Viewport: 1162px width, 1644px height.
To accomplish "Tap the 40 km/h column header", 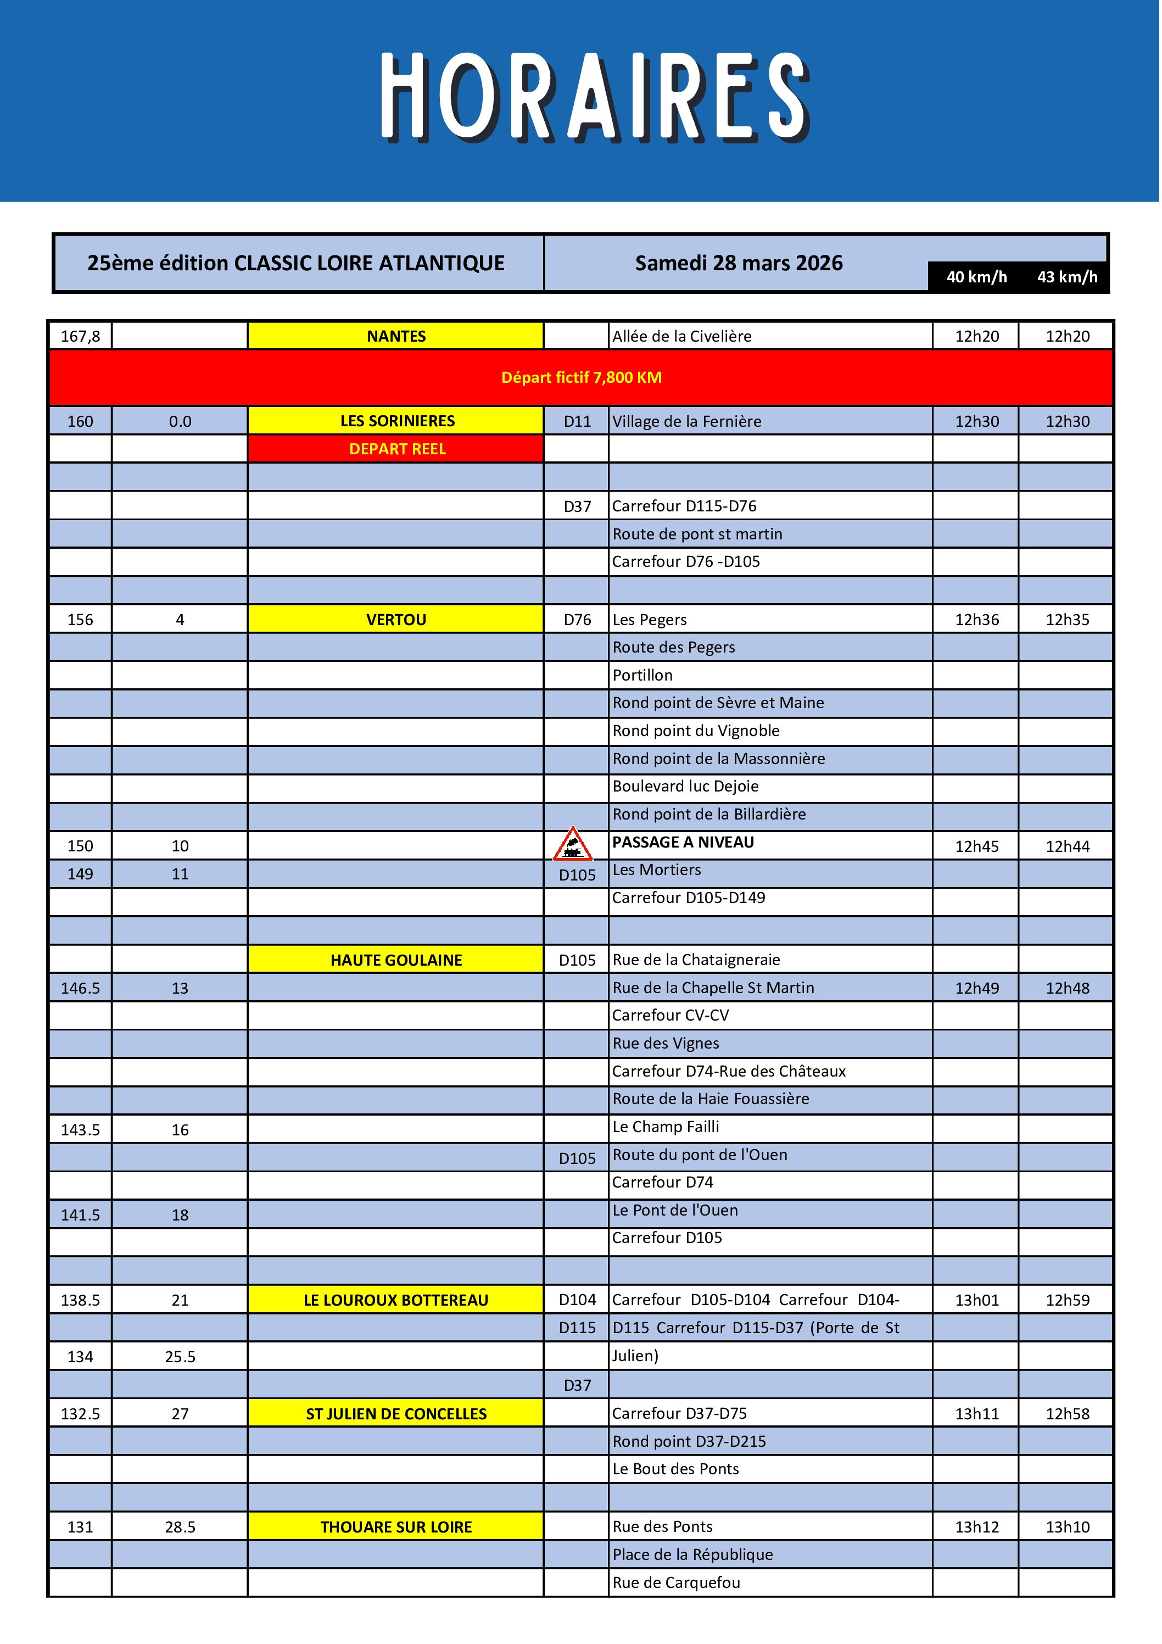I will point(976,277).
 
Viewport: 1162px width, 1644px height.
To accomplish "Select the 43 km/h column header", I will point(1067,277).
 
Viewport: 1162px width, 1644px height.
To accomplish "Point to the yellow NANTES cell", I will point(396,336).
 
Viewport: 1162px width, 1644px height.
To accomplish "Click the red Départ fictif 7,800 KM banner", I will point(580,377).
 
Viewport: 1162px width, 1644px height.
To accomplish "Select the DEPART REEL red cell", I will point(396,449).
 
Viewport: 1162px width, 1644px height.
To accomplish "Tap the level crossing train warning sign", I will point(572,844).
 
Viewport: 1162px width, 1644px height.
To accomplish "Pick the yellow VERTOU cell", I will point(396,620).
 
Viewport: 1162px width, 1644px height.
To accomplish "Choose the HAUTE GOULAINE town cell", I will point(396,960).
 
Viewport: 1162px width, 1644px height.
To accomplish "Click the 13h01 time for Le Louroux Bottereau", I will point(976,1300).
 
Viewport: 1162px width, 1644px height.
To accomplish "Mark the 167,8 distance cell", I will point(80,336).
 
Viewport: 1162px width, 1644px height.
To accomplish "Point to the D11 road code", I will point(577,421).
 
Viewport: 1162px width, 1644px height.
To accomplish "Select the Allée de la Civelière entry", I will point(681,336).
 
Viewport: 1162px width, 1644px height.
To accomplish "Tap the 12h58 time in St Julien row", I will point(1067,1413).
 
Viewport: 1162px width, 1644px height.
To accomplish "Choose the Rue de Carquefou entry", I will point(676,1582).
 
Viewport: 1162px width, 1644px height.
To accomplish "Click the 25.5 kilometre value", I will point(180,1356).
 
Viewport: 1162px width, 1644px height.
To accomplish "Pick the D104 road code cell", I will point(577,1300).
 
